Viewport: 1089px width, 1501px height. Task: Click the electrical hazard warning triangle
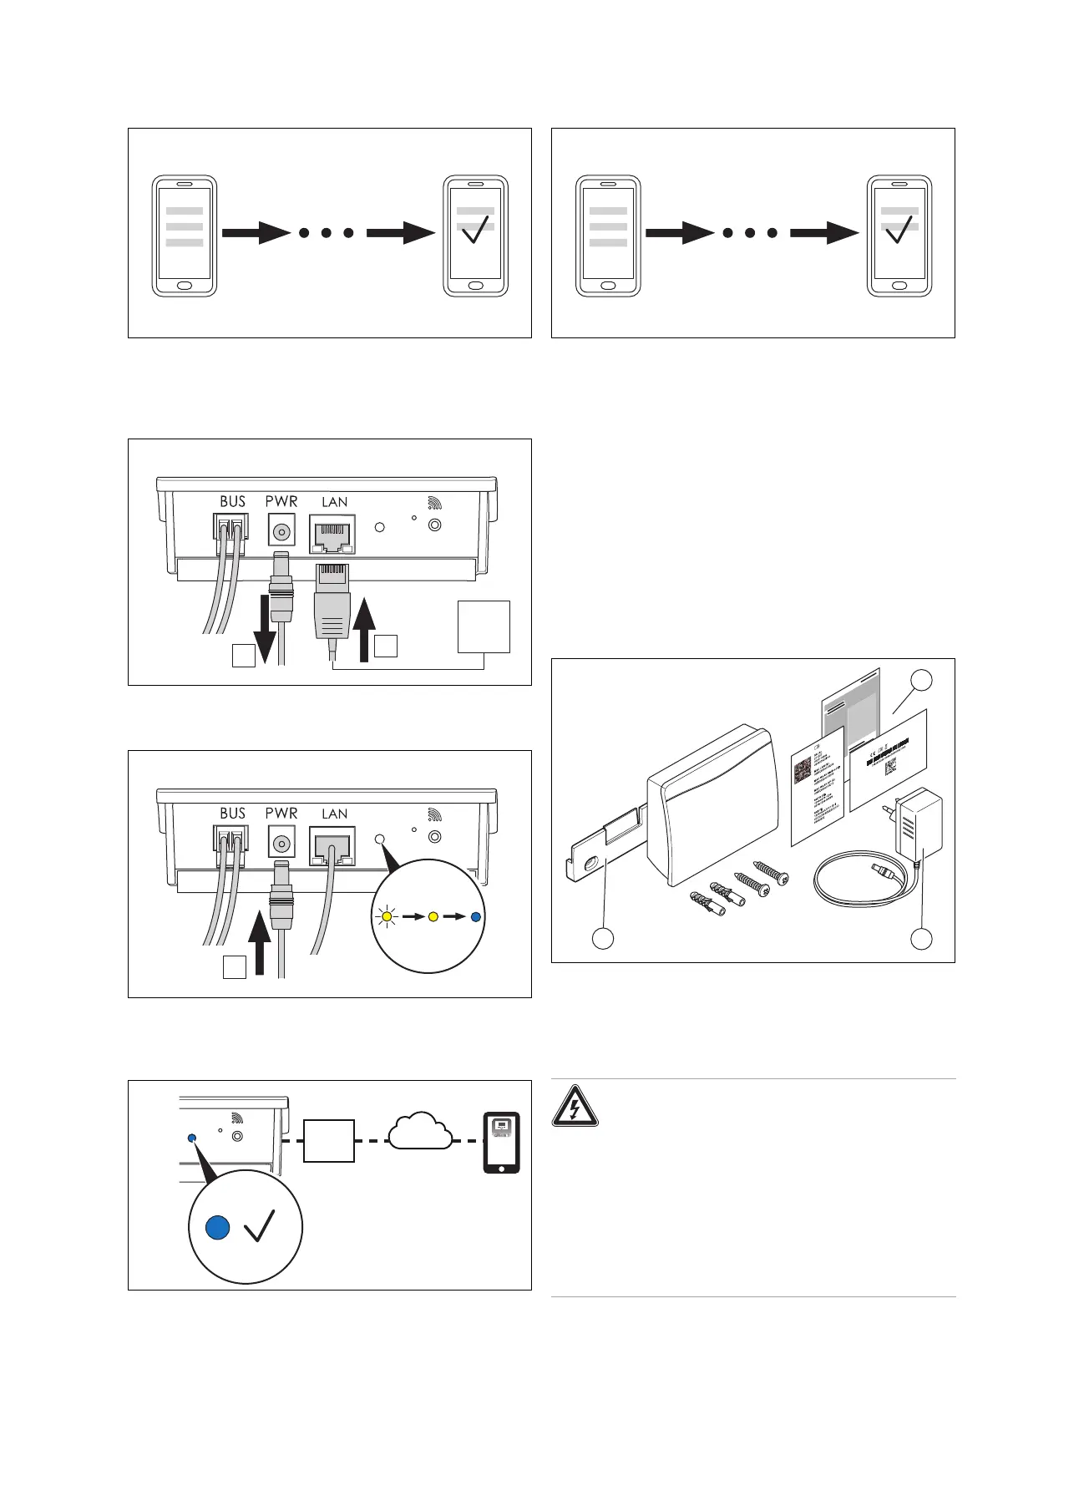[x=575, y=1106]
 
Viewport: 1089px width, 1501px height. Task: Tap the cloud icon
[x=421, y=1131]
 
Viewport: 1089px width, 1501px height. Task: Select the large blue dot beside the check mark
[x=218, y=1227]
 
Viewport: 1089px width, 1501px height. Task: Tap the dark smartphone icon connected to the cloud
[x=502, y=1143]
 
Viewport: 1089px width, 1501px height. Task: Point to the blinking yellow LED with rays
[x=387, y=916]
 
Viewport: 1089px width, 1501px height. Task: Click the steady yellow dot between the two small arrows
[x=433, y=916]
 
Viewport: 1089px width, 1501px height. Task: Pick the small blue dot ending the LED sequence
[x=475, y=916]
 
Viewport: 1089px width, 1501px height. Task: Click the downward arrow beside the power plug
[x=265, y=626]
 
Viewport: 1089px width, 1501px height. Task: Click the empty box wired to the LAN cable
[x=484, y=626]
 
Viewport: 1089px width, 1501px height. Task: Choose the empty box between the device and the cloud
[x=328, y=1140]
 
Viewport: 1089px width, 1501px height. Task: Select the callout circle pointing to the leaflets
[x=921, y=680]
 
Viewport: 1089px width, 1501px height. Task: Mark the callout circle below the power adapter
[x=921, y=939]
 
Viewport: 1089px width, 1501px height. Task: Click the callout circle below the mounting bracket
[x=603, y=939]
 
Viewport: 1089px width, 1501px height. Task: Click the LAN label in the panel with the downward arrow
[x=335, y=502]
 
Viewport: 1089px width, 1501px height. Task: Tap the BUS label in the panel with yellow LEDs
[x=233, y=813]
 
